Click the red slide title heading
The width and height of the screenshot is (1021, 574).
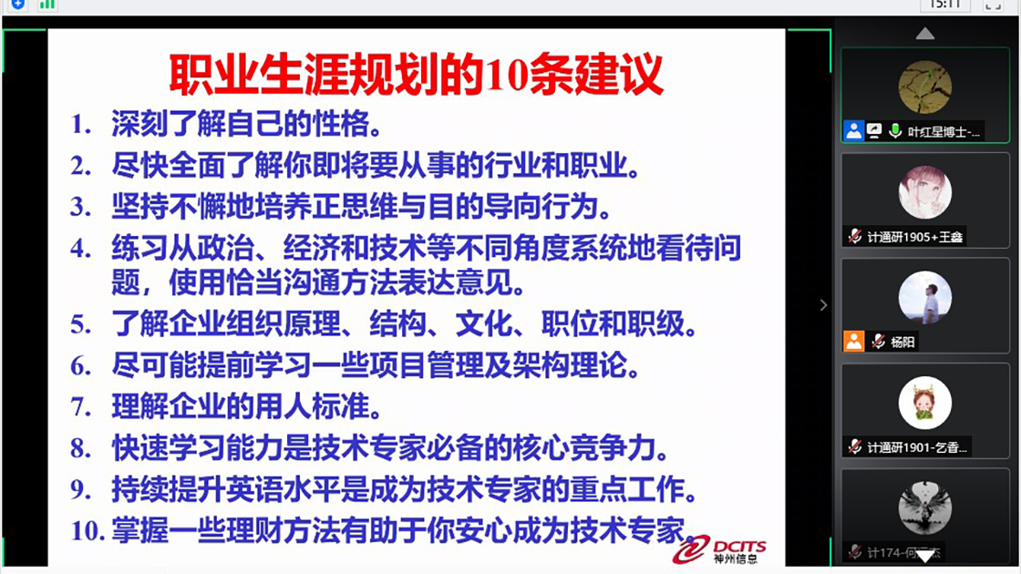click(416, 74)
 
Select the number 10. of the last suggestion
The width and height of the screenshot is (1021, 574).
click(88, 529)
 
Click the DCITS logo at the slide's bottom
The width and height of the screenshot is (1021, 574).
click(720, 548)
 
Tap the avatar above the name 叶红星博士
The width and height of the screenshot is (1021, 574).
click(925, 87)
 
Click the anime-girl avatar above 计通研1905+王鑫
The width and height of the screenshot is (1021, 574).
click(925, 192)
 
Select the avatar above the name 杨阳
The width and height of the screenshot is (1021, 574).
click(925, 298)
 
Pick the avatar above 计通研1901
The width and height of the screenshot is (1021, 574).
click(925, 403)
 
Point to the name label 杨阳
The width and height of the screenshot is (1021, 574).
click(903, 343)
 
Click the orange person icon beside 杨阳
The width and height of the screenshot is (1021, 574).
click(854, 342)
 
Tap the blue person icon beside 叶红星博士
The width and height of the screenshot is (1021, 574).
click(854, 131)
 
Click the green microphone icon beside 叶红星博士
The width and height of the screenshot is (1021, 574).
click(895, 131)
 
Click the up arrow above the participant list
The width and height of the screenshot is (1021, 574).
click(925, 34)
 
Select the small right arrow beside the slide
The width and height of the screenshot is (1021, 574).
click(823, 305)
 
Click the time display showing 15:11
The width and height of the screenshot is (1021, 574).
click(944, 5)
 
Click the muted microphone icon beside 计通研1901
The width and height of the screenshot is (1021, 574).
click(854, 447)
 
